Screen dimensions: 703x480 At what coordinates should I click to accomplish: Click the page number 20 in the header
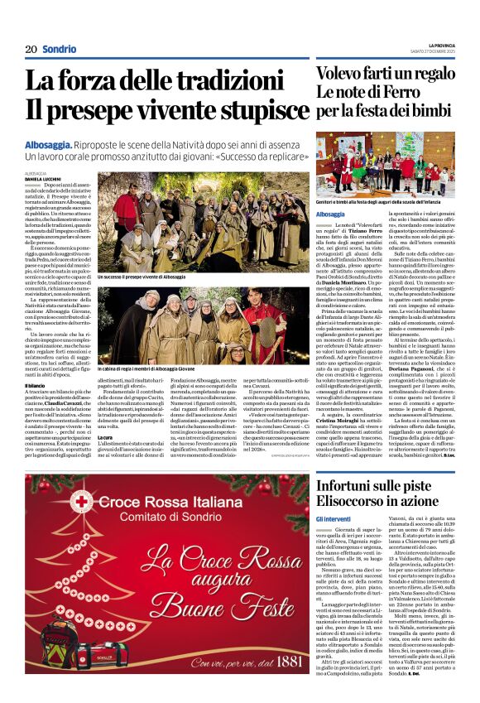pyautogui.click(x=31, y=49)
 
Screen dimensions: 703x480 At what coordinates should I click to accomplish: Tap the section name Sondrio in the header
pyautogui.click(x=60, y=49)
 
